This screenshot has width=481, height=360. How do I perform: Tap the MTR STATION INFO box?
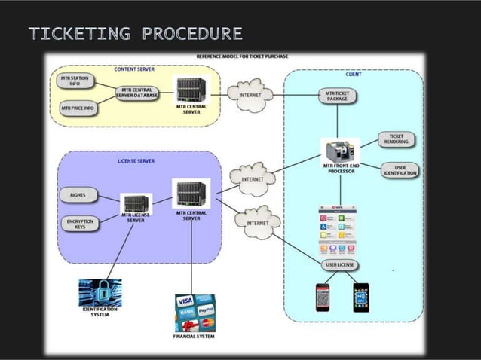[74, 81]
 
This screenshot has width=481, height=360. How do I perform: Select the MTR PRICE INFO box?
[77, 109]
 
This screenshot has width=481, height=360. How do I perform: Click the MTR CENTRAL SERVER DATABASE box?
[136, 94]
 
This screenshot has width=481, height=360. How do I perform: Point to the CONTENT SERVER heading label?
[134, 69]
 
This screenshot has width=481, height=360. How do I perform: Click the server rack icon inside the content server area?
[191, 91]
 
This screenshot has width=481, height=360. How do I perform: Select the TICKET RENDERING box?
[397, 139]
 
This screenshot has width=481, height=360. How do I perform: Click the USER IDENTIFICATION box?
[399, 170]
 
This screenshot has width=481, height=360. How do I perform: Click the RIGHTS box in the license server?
[78, 195]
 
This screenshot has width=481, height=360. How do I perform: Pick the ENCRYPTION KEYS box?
[79, 224]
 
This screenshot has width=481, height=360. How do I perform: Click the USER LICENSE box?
[341, 266]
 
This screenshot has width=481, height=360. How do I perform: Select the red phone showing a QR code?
[323, 297]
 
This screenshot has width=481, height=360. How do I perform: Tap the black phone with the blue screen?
[360, 297]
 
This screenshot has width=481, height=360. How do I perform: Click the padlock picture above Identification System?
[100, 292]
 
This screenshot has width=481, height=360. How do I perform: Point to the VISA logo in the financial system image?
[185, 300]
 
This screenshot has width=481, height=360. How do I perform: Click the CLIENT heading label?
[353, 75]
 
